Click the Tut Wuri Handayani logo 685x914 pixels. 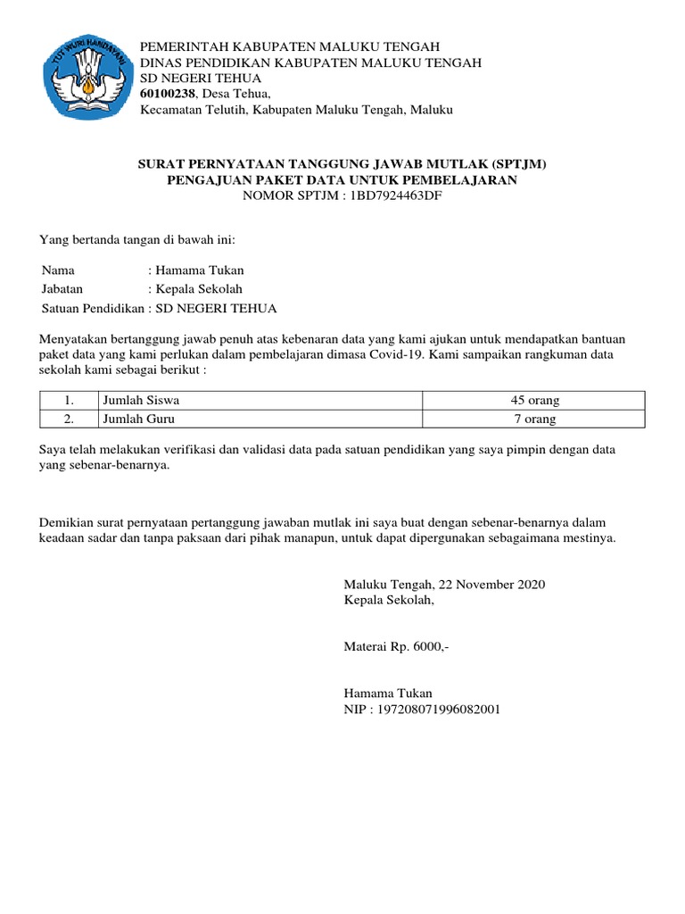click(x=86, y=79)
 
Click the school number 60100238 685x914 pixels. click(x=168, y=94)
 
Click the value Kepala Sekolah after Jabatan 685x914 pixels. click(x=199, y=289)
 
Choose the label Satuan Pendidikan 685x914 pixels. click(x=93, y=309)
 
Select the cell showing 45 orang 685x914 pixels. click(x=532, y=400)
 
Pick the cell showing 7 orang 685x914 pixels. click(x=532, y=418)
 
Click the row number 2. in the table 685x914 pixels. click(x=69, y=418)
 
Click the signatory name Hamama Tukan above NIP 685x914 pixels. click(x=388, y=693)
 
